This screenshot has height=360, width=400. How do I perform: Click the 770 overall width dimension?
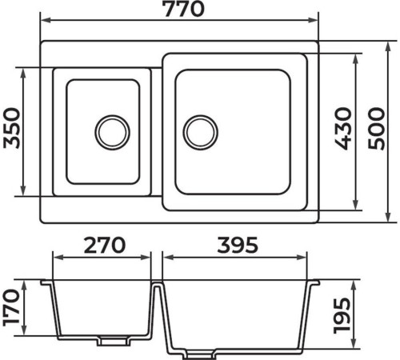184,10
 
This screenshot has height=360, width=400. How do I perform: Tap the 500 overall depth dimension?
377,129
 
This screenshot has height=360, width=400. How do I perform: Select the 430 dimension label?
343,129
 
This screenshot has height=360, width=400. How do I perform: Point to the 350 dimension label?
12,128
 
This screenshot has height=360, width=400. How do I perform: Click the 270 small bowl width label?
104,245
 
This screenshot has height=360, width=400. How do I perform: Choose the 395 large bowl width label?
238,245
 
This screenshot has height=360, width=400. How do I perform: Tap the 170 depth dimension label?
11,308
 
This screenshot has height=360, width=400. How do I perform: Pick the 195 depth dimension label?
342,315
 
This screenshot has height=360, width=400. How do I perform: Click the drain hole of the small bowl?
112,133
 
